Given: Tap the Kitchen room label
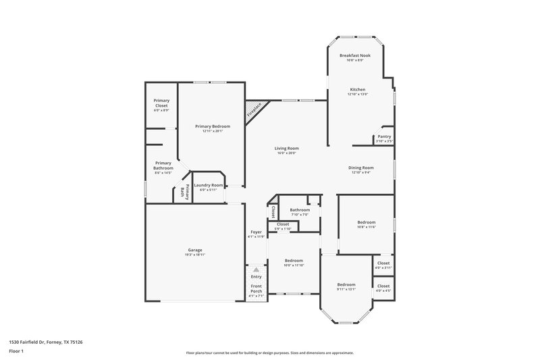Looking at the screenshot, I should click(x=357, y=89).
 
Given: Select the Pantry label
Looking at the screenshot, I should click(x=384, y=136).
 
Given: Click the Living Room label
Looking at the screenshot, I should click(x=286, y=148).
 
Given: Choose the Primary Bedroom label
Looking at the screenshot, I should click(x=212, y=126).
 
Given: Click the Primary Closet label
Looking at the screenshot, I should click(x=161, y=103).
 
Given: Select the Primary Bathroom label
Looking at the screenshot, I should click(x=163, y=165).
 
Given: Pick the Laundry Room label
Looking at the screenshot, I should click(x=208, y=185).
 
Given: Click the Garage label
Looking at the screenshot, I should click(x=195, y=250).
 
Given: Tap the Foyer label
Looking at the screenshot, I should click(x=256, y=232).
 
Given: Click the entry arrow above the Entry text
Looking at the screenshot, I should click(x=256, y=269).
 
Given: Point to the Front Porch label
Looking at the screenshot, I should click(x=256, y=288).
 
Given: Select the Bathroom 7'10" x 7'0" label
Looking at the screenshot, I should click(x=296, y=210).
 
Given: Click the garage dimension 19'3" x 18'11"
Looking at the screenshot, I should click(x=195, y=255).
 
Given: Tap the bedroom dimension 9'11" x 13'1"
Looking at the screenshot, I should click(x=346, y=290).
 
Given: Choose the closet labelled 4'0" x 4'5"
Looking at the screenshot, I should click(x=383, y=288).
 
